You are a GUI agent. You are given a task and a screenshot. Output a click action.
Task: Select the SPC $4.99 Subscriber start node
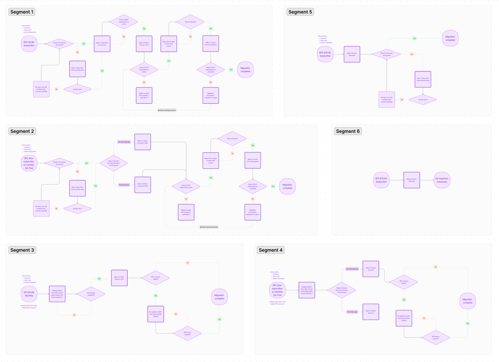pos(31,44)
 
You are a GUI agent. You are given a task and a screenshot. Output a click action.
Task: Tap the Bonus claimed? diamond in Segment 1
pos(183,22)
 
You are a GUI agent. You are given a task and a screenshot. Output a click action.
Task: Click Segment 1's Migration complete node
pos(246,69)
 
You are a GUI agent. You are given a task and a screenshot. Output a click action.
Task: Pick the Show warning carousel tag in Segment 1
pos(167,110)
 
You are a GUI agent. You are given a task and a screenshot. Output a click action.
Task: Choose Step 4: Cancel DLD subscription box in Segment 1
pos(211,44)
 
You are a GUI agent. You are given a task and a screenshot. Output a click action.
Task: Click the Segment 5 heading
pos(300,11)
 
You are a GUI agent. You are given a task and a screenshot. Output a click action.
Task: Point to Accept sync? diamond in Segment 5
pos(423,99)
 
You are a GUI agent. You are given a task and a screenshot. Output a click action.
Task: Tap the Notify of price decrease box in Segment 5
pos(352,54)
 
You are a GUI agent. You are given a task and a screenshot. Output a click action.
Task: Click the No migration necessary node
pos(442,179)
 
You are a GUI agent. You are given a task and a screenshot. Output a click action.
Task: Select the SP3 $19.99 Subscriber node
pos(381,179)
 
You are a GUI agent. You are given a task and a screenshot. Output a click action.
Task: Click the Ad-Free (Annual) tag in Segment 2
pos(124,142)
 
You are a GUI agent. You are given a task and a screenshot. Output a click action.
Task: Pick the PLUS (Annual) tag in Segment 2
pos(124,185)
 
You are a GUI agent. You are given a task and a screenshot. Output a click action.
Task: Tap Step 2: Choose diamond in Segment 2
pos(114,163)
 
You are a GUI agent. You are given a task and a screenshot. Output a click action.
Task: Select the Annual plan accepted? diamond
pos(91,295)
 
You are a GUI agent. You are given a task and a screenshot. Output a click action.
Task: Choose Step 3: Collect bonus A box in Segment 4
pos(371,269)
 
